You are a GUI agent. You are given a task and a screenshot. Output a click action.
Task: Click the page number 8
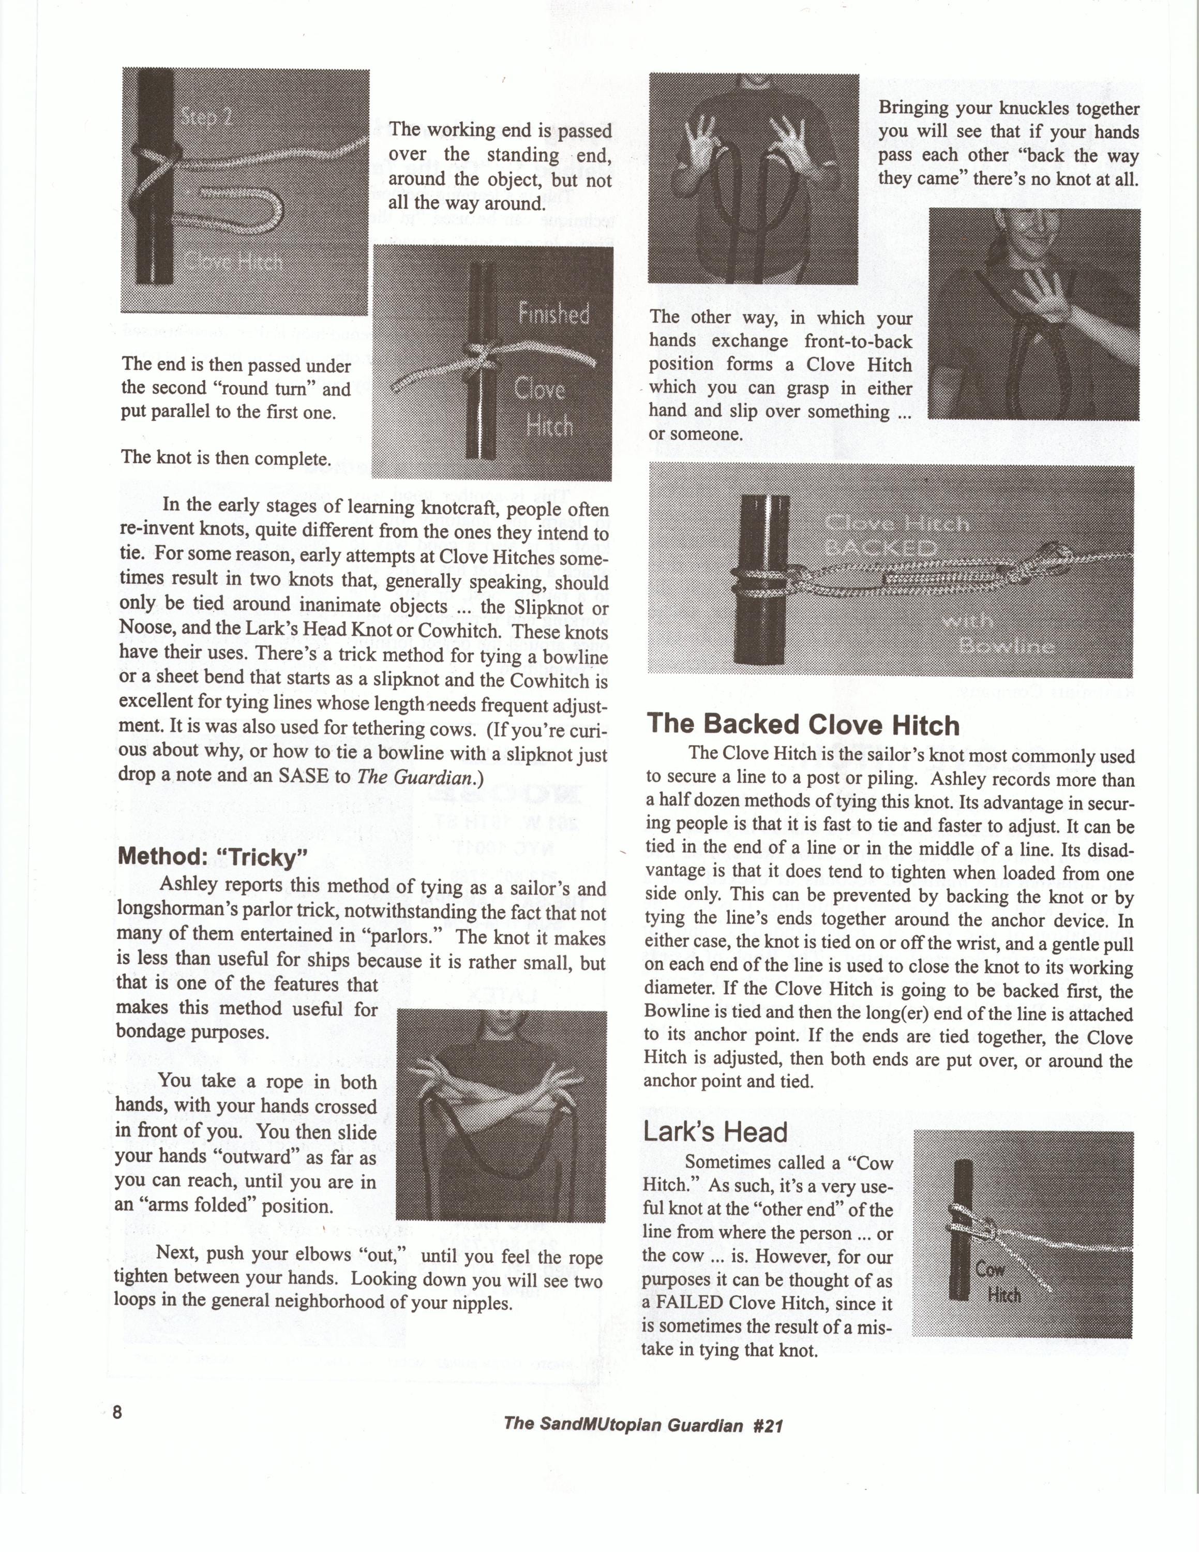[x=118, y=1411]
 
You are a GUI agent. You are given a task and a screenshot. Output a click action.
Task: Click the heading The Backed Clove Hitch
[x=803, y=725]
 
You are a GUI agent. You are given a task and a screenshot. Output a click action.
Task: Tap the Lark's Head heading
[x=715, y=1131]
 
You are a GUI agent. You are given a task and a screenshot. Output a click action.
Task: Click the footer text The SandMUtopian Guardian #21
[x=643, y=1425]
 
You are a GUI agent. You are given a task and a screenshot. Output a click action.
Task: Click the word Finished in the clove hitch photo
[x=554, y=314]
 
